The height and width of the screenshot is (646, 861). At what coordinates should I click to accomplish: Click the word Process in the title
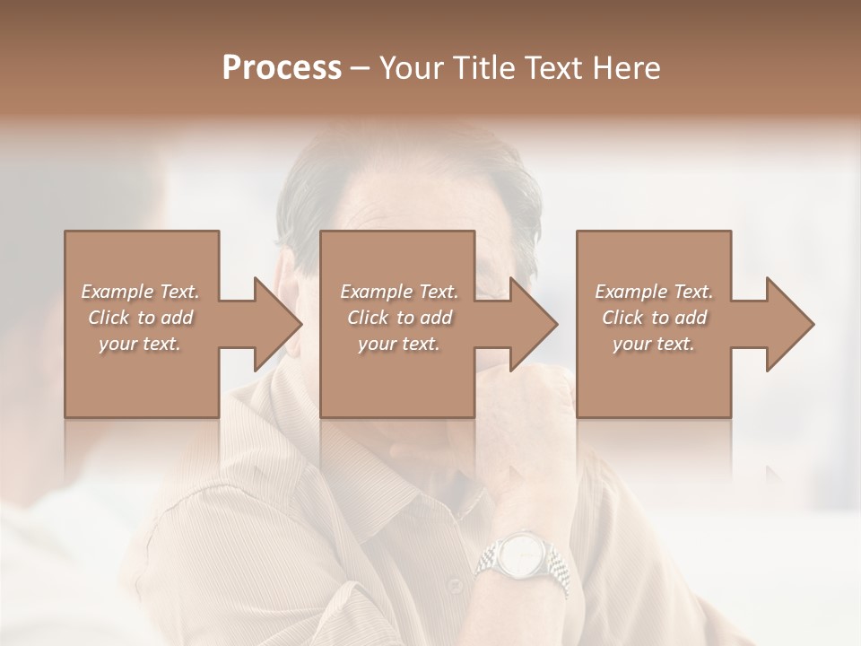click(282, 67)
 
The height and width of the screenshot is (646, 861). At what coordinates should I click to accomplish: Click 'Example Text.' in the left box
click(140, 292)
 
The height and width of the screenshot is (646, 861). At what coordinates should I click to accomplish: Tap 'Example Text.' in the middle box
click(399, 292)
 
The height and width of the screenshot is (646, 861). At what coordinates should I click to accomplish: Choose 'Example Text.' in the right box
click(654, 292)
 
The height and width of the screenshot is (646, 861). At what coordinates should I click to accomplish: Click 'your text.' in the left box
click(140, 343)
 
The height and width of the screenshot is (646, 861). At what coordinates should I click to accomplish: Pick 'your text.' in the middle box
click(399, 343)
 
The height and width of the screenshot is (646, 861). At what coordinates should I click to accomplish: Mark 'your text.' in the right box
click(654, 343)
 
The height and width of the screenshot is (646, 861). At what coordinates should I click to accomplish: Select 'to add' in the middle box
click(424, 318)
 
